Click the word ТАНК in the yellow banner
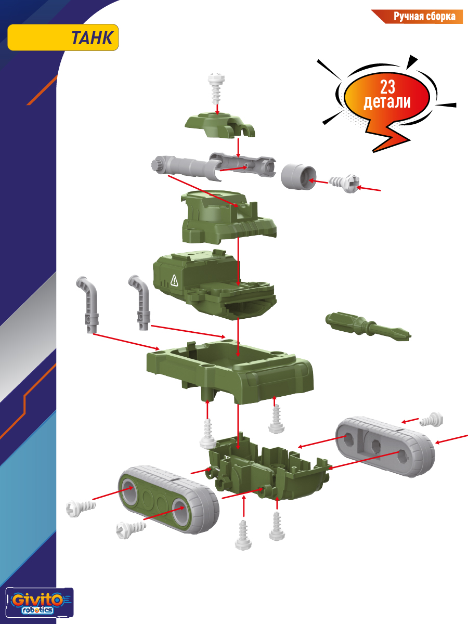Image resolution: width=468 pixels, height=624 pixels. point(92,38)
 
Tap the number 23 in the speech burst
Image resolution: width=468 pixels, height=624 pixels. point(387,87)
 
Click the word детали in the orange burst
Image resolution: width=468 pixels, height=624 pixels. point(387,102)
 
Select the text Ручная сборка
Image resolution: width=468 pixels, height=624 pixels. point(424,17)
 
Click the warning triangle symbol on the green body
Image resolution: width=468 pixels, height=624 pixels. point(174,280)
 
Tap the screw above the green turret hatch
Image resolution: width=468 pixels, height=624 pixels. point(217,88)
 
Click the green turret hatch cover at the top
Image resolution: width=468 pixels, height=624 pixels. point(219,125)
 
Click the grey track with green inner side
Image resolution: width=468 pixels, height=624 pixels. point(168,500)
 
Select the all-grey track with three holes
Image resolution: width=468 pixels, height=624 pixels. point(385,447)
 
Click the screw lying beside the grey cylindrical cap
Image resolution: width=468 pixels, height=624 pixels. point(344,184)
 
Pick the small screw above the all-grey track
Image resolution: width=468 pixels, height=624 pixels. point(431,420)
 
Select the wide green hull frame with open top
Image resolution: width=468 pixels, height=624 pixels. point(230,372)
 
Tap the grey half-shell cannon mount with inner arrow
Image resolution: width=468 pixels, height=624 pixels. point(243,165)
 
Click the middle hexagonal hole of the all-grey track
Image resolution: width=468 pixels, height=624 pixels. point(375,443)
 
